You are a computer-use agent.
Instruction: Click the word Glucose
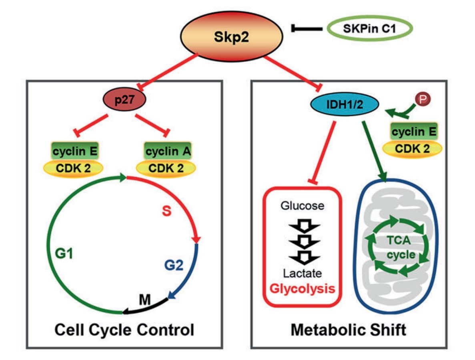click(302, 206)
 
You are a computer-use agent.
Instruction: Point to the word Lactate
click(303, 274)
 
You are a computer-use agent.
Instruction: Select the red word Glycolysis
click(303, 288)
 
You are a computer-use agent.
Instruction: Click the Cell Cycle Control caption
click(124, 331)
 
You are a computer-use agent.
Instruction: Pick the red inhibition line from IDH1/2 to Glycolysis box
click(322, 152)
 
